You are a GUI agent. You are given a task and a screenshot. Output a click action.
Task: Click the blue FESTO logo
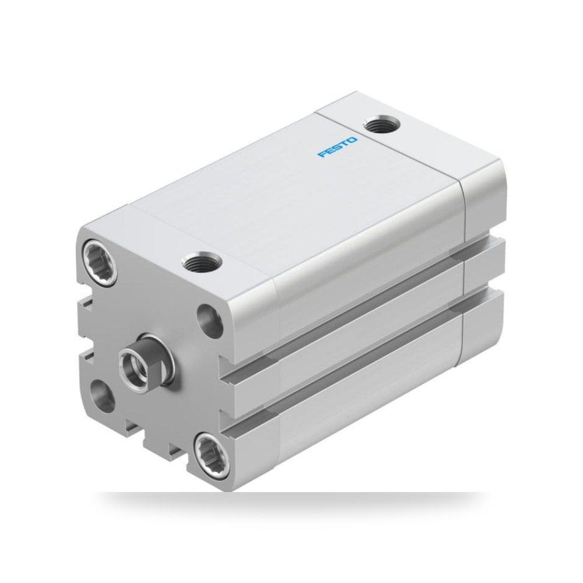(x=338, y=147)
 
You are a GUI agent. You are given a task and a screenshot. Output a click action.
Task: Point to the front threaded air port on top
(x=202, y=262)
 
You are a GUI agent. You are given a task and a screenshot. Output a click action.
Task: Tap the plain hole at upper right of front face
(x=210, y=321)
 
